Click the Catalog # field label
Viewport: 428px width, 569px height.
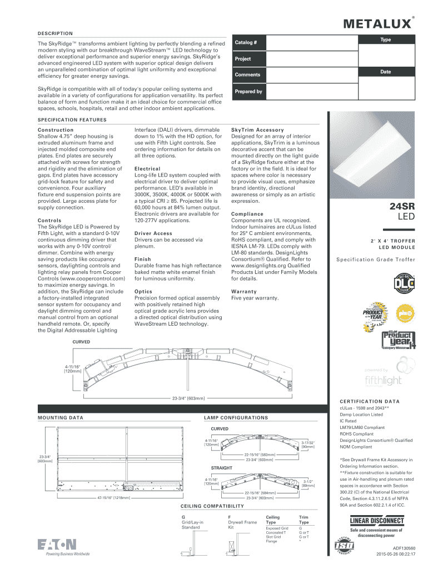click(246, 43)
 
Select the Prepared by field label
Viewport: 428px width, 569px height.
click(248, 92)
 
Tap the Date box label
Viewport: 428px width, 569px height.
click(385, 72)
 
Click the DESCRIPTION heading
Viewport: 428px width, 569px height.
click(55, 33)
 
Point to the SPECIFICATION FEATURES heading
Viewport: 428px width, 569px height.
click(72, 119)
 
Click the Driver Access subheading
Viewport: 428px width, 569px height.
click(153, 233)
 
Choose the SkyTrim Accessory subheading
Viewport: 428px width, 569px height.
click(253, 130)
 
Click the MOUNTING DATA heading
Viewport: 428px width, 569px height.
click(60, 417)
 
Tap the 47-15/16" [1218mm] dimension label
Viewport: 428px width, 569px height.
click(113, 498)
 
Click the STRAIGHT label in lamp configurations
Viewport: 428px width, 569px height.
click(221, 468)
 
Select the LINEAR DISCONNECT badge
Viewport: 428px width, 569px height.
click(376, 521)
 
